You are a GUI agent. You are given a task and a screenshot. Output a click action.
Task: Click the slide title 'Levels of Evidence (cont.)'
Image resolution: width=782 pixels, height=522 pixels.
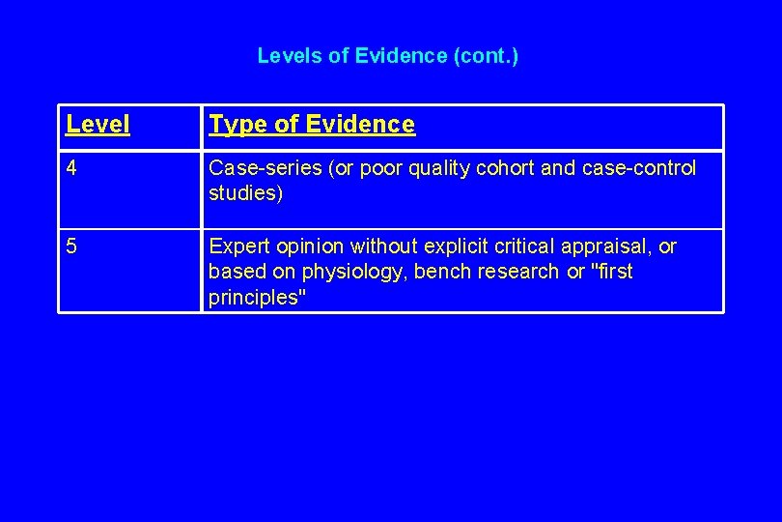tap(387, 56)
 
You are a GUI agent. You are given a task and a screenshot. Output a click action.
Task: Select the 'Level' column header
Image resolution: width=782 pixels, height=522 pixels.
tap(98, 125)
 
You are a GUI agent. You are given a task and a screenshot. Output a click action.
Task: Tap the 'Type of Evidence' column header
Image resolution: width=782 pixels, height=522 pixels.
tap(312, 125)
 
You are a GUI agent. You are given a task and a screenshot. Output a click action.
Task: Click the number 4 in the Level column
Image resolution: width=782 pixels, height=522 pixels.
tap(72, 168)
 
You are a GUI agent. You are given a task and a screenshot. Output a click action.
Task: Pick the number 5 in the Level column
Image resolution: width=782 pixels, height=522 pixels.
tap(72, 246)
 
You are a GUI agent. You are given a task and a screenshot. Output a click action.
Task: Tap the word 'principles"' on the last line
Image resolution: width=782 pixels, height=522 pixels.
tap(257, 298)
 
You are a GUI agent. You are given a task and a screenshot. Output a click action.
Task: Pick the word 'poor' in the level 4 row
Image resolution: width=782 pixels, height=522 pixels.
tap(381, 168)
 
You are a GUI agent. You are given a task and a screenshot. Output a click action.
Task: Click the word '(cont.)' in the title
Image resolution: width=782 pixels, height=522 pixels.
tap(485, 56)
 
